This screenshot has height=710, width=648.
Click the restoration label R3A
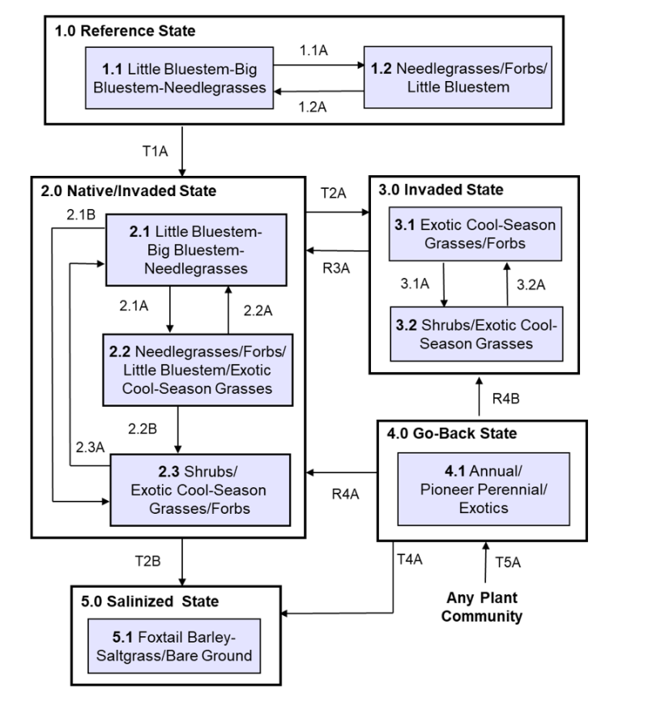[333, 262]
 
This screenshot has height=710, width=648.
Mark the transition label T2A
[333, 193]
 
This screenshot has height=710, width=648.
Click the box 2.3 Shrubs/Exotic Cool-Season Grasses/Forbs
[199, 490]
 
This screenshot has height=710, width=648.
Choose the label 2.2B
[149, 426]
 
